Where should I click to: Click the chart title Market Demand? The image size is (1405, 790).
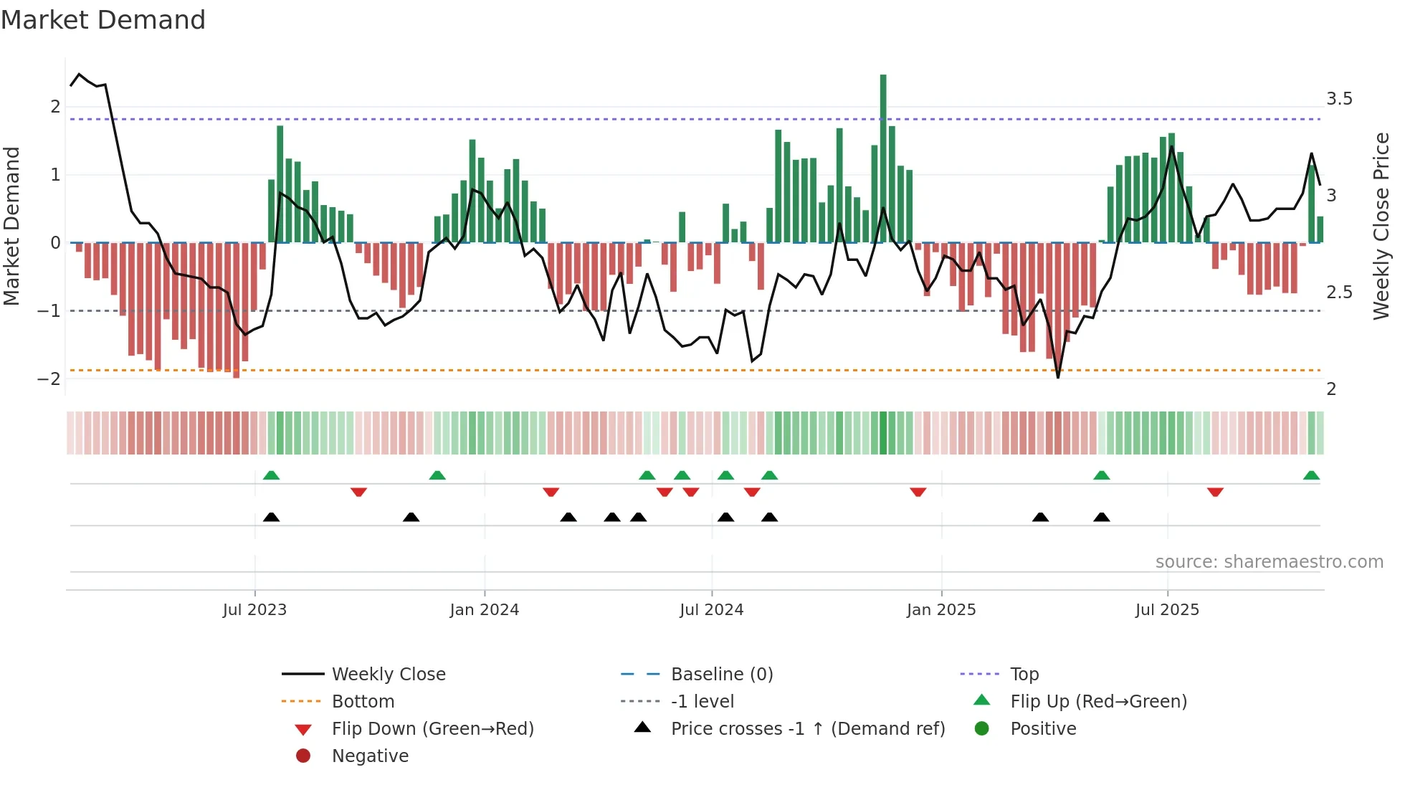(103, 20)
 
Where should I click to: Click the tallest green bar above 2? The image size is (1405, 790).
(883, 158)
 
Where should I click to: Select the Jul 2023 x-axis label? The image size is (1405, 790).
(254, 610)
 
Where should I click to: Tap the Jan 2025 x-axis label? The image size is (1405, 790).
(940, 610)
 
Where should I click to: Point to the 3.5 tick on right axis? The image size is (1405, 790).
(1339, 99)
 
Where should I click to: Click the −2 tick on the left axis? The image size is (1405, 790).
(49, 379)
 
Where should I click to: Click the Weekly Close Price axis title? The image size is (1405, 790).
(1381, 226)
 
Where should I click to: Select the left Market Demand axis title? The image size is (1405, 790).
(11, 226)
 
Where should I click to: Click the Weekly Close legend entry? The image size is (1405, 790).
(388, 675)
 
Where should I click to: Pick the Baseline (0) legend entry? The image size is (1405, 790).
(721, 675)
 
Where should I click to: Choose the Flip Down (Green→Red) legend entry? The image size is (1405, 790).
(432, 729)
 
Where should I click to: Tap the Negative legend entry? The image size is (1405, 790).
(370, 756)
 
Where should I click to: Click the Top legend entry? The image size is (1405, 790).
(1024, 675)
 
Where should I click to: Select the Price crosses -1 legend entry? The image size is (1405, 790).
(807, 729)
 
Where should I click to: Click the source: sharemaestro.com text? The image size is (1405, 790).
(1269, 562)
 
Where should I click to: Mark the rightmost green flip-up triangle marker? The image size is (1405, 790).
(1311, 475)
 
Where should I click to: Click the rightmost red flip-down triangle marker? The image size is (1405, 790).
(1215, 492)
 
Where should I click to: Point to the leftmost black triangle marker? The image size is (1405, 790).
(271, 517)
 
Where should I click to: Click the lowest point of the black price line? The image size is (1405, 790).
(1058, 377)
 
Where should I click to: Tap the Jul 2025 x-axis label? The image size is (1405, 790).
(1167, 610)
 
